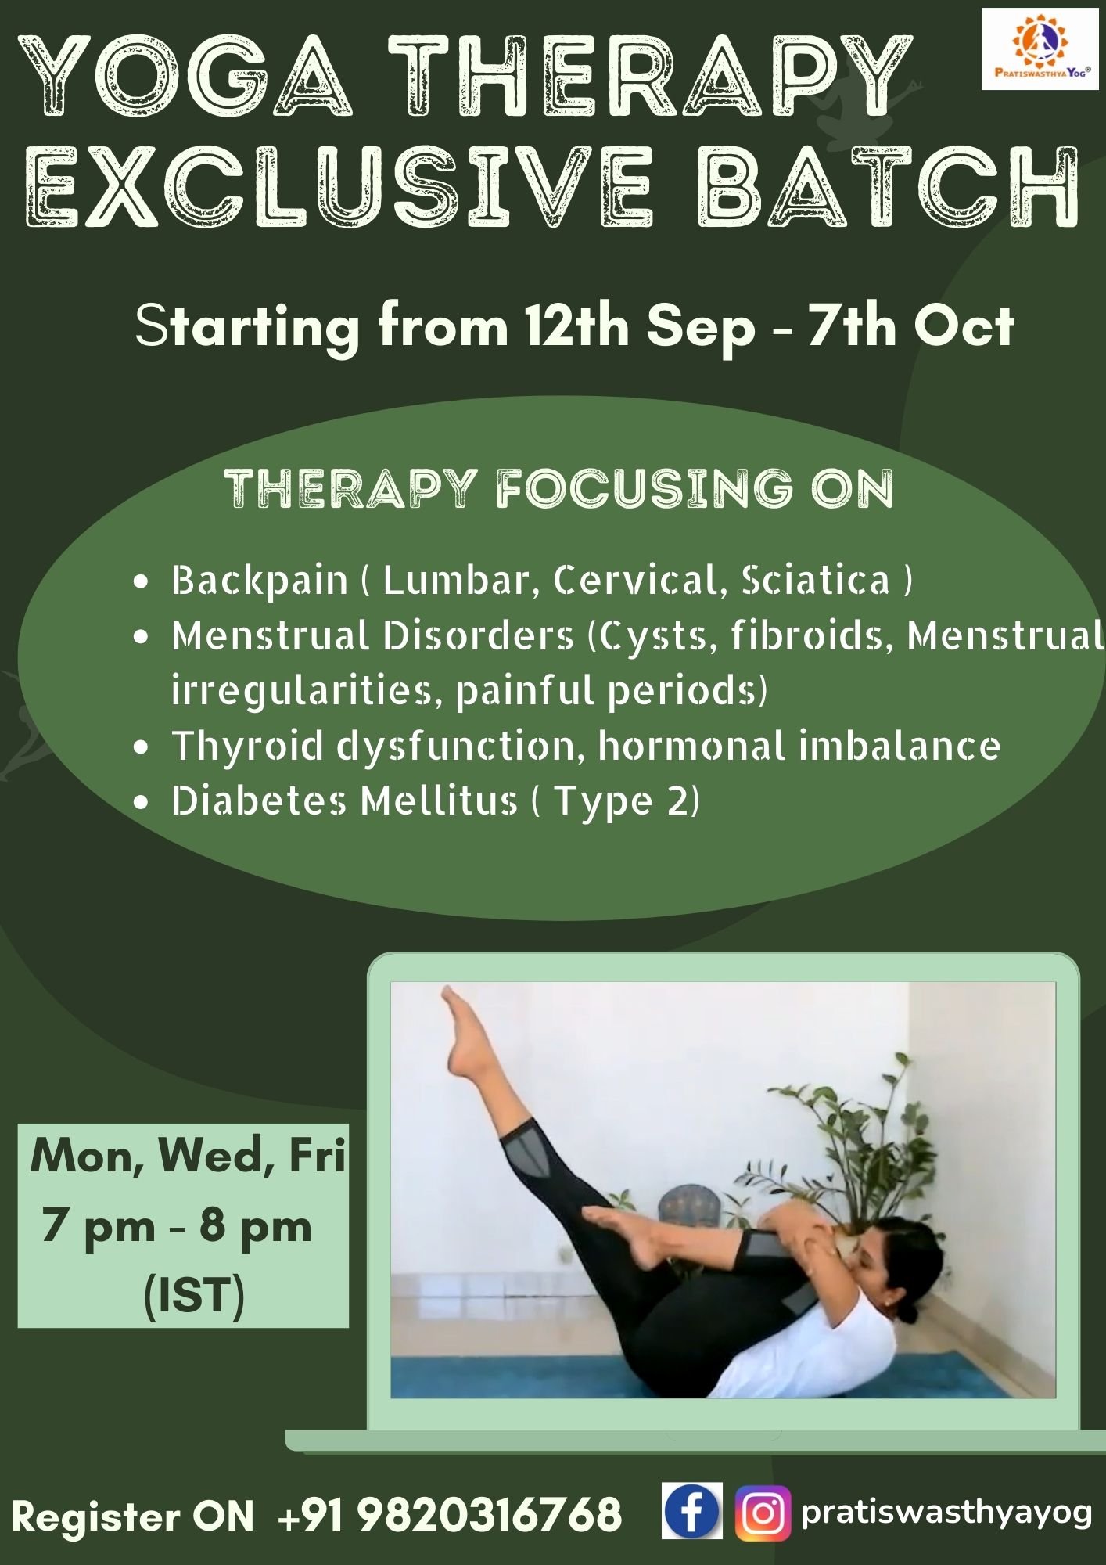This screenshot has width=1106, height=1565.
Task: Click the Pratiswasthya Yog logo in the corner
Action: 1040,49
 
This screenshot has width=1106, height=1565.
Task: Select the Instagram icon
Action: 763,1513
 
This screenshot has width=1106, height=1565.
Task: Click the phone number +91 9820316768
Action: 451,1515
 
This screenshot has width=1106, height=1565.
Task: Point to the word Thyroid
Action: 247,747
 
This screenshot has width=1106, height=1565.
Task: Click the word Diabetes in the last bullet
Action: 259,800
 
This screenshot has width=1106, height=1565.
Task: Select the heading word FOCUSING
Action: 645,488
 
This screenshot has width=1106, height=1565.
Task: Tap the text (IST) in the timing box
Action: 194,1296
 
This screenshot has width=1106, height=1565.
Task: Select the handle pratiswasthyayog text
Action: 946,1513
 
